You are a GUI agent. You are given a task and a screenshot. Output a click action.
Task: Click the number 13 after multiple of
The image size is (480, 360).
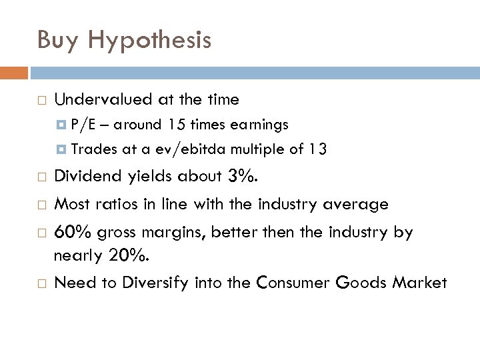coord(317,150)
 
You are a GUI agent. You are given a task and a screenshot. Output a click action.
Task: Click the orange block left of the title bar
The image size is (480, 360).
coord(14,71)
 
